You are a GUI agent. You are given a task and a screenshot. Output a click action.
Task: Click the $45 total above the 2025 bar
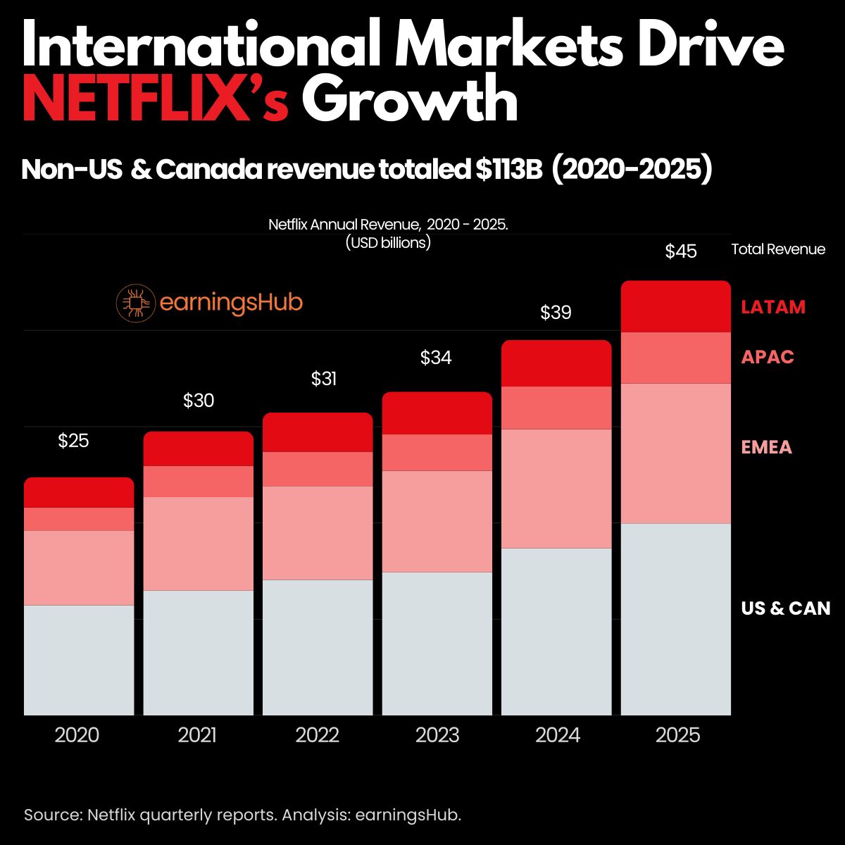click(681, 251)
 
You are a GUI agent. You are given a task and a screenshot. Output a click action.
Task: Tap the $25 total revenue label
click(73, 442)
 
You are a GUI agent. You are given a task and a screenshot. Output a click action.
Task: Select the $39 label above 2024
click(556, 313)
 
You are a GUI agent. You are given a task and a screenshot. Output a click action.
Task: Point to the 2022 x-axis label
click(317, 736)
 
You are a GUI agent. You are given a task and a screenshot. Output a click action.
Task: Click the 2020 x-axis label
click(77, 736)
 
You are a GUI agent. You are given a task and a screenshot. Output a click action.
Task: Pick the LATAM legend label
click(772, 308)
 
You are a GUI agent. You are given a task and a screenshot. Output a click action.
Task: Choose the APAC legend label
click(767, 357)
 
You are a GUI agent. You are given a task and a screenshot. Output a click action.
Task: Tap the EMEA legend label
click(766, 447)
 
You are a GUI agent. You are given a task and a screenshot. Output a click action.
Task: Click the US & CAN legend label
click(785, 608)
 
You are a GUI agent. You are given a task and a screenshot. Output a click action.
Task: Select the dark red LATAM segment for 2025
click(675, 306)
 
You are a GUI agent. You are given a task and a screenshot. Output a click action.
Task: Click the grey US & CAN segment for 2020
click(79, 660)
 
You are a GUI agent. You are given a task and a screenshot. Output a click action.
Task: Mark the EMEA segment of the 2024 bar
click(556, 488)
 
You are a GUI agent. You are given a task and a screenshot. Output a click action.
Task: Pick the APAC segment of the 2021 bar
click(198, 482)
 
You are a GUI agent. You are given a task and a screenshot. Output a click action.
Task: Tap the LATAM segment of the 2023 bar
click(437, 413)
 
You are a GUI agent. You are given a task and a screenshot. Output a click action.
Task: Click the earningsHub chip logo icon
click(135, 303)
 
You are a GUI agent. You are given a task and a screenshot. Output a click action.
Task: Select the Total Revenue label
click(778, 249)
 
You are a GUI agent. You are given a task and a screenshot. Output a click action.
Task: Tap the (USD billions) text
click(388, 243)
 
